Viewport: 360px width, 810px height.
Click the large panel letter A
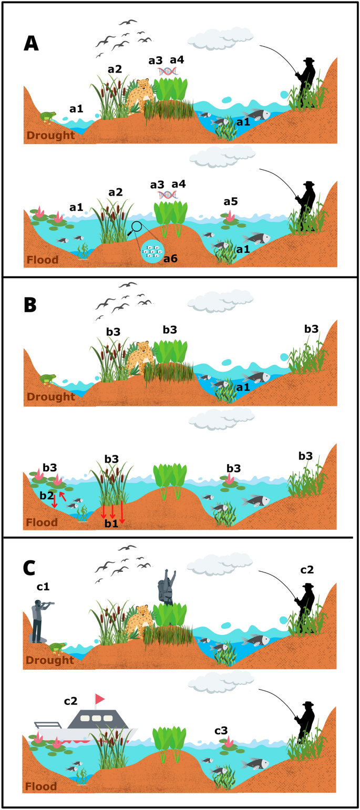pyautogui.click(x=31, y=42)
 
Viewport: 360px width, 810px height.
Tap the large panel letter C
pyautogui.click(x=31, y=568)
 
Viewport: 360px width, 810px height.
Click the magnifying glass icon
pyautogui.click(x=136, y=228)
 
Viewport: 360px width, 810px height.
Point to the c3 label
pyautogui.click(x=221, y=730)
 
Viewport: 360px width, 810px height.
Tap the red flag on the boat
pyautogui.click(x=99, y=698)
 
